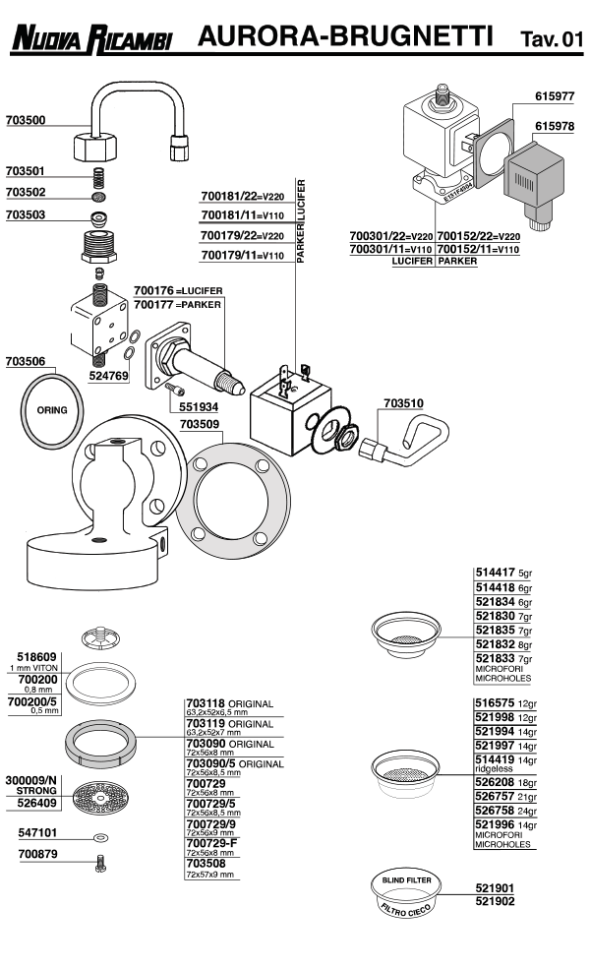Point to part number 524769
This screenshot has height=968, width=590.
(109, 376)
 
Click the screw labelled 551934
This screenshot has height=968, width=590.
(177, 393)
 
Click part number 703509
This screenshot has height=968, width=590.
(201, 425)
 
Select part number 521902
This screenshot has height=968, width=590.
(495, 900)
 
